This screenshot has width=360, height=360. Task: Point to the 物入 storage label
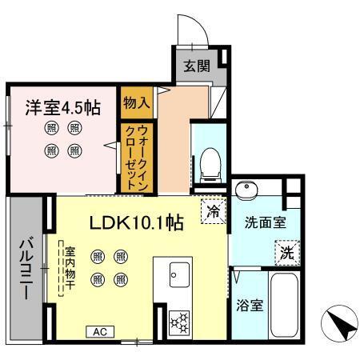(x=135, y=102)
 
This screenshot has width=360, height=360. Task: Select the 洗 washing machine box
(x=286, y=254)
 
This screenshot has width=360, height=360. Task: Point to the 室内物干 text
(x=70, y=270)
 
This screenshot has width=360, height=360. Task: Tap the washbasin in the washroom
(x=247, y=191)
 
